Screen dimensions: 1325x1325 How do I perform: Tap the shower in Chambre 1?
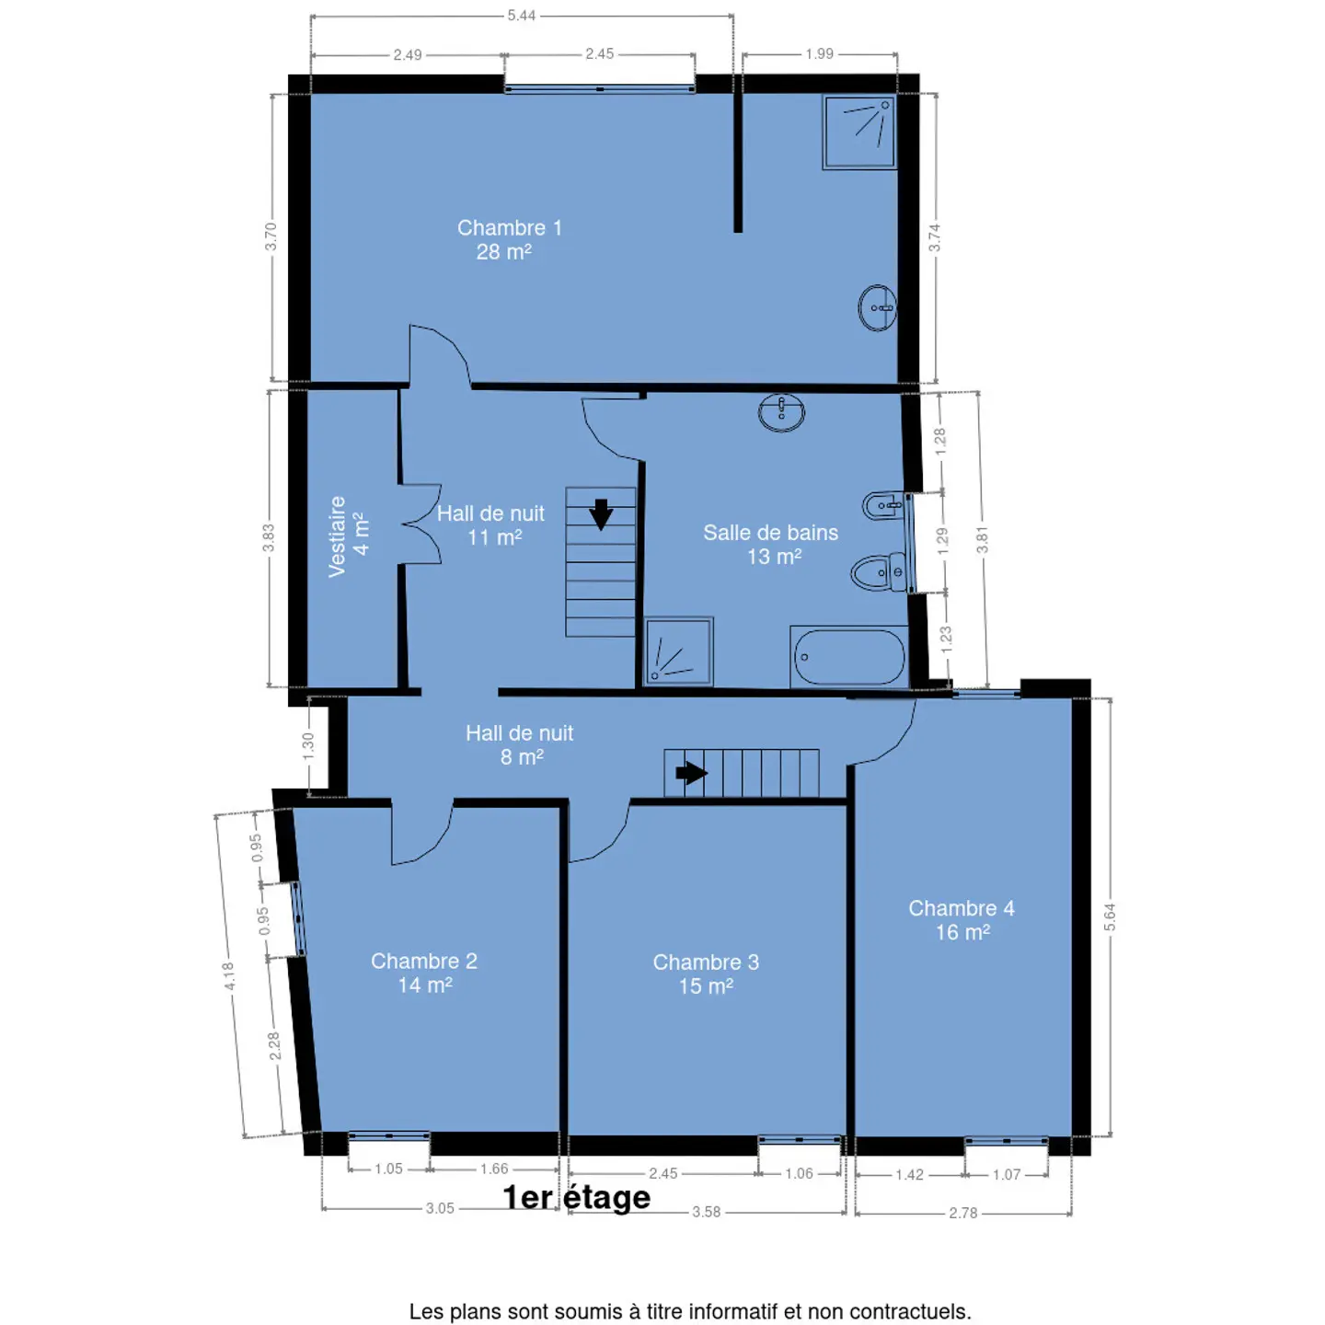858,132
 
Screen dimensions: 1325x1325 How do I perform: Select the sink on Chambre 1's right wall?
878,308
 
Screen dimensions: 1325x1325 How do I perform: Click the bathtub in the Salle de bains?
848,657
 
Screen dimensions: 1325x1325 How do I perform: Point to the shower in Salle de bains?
678,651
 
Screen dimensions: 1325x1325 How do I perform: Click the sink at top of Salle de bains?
781,412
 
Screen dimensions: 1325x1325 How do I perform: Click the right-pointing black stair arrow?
691,773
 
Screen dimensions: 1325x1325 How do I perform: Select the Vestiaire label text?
337,537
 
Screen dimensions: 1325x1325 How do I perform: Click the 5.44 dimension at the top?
521,15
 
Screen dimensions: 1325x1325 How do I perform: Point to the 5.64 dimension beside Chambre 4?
1110,917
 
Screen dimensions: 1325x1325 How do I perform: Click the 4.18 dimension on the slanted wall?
228,975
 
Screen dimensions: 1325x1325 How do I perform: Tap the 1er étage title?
576,1198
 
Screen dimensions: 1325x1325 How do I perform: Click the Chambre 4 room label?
962,908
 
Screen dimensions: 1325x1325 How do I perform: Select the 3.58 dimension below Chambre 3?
706,1212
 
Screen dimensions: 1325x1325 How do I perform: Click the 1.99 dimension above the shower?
819,53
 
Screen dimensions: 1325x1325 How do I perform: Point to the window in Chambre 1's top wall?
600,88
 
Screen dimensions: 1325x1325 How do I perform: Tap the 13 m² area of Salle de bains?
774,557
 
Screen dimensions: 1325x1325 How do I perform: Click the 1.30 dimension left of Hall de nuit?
308,746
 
